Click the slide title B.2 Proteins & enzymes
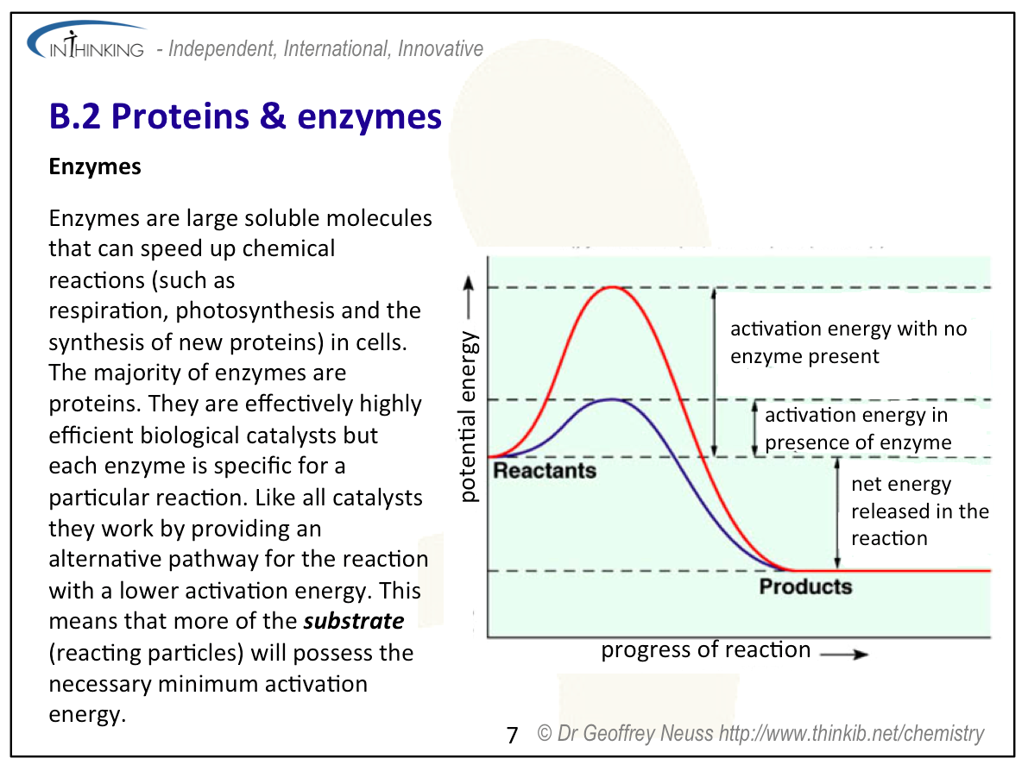coord(245,116)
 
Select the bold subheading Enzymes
coord(95,166)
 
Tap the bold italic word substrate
coord(354,620)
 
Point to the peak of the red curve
coord(612,287)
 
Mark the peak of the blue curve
coord(612,399)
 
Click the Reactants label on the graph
coord(545,470)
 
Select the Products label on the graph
coord(806,586)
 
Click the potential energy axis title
coord(468,417)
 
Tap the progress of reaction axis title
coord(706,649)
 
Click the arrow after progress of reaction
coord(844,654)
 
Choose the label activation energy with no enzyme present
coord(849,342)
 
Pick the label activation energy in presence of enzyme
coord(858,429)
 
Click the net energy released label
coord(920,511)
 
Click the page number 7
coord(513,735)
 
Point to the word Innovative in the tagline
coord(440,48)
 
